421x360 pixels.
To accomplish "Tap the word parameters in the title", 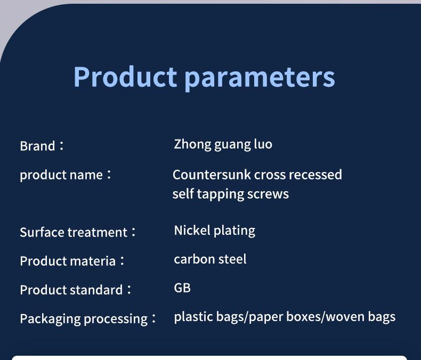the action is click(260, 79).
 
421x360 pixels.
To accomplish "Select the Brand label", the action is click(42, 146).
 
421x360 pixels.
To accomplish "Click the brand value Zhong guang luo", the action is click(223, 144).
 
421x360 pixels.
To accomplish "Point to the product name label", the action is click(65, 175).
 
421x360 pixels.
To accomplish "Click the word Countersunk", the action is click(212, 175).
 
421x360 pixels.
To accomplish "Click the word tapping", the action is click(220, 194).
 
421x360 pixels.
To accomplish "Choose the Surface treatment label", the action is click(78, 232).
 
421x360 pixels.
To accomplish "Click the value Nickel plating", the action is click(215, 231).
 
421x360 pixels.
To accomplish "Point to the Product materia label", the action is click(72, 261).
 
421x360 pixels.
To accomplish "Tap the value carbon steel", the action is click(210, 259).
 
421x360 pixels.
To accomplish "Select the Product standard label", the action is click(76, 290).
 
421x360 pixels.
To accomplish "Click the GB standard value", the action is click(182, 288).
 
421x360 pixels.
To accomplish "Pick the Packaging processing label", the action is click(87, 318).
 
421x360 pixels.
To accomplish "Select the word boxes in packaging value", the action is click(304, 317).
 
